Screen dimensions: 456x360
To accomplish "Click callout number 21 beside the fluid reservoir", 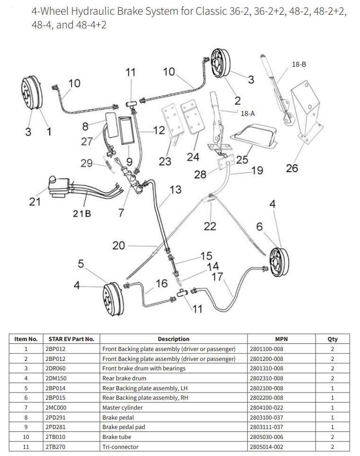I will pyautogui.click(x=35, y=202).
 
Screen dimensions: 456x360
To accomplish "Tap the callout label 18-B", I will pyautogui.click(x=299, y=64).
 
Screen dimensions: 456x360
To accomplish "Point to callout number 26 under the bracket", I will pyautogui.click(x=292, y=167).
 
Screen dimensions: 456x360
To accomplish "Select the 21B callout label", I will pyautogui.click(x=82, y=213).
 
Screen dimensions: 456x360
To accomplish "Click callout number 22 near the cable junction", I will pyautogui.click(x=210, y=226).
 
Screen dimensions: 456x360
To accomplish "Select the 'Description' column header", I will pyautogui.click(x=174, y=339).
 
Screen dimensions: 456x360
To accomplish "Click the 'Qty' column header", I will pyautogui.click(x=333, y=339).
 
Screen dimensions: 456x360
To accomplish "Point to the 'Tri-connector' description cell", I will pyautogui.click(x=121, y=447).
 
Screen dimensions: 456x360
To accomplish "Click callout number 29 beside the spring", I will pyautogui.click(x=86, y=163).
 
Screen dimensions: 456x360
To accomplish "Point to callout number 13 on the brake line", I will pyautogui.click(x=176, y=190).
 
